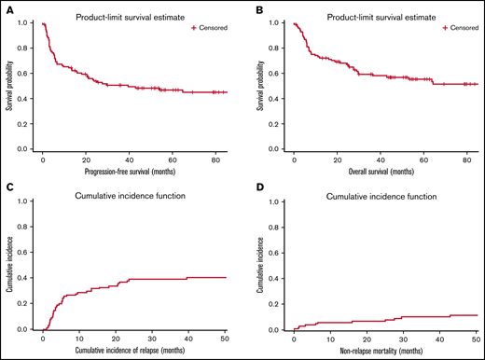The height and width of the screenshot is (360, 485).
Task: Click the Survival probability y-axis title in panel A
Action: (8, 86)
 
